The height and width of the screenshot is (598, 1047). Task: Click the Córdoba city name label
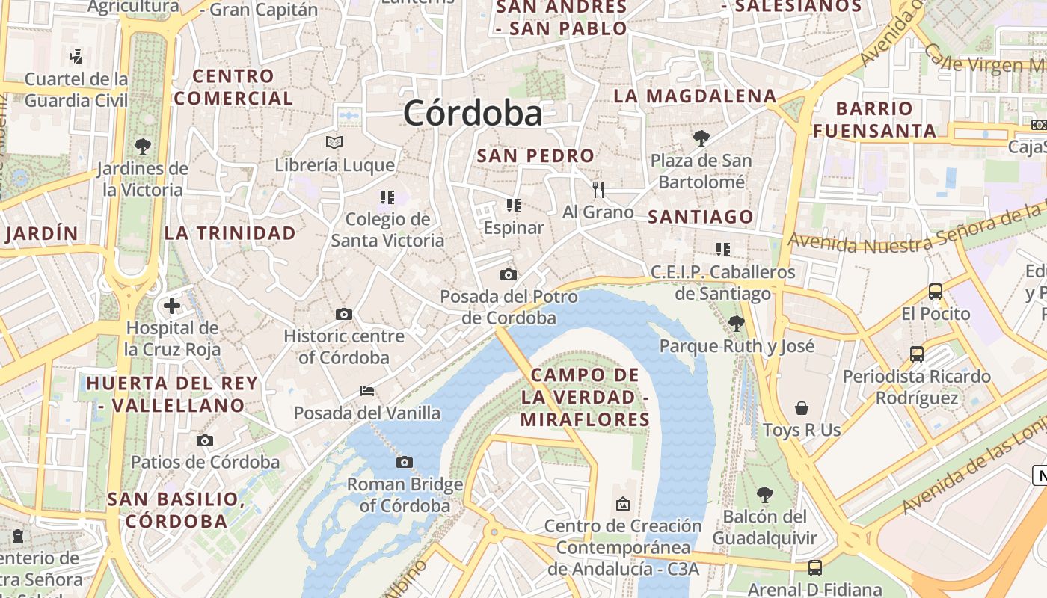click(x=473, y=114)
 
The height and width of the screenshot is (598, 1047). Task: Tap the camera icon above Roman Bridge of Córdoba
click(x=405, y=462)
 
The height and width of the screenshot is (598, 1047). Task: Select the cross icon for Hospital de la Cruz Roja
click(x=172, y=305)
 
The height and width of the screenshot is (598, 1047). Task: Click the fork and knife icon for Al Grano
click(x=598, y=189)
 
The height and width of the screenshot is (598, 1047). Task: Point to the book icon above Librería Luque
click(x=334, y=142)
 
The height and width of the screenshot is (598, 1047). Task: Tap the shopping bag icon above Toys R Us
click(x=802, y=407)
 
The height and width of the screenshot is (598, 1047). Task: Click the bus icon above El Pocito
click(x=935, y=291)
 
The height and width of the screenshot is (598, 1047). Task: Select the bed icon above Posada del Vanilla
click(x=366, y=390)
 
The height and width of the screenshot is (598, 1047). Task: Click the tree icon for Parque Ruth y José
click(x=736, y=323)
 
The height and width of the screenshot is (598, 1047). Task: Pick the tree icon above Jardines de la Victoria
click(x=142, y=146)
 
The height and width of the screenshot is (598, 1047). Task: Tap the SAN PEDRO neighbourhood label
click(x=535, y=155)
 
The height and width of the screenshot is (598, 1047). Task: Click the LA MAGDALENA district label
click(x=695, y=96)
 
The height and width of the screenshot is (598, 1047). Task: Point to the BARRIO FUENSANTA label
click(x=874, y=120)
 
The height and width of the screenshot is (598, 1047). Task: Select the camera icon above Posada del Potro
click(x=509, y=274)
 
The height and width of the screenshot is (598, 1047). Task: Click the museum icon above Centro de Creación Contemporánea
click(x=622, y=504)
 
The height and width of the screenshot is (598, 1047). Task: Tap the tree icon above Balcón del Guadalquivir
click(x=764, y=494)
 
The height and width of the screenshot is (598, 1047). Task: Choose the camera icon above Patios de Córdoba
click(x=205, y=440)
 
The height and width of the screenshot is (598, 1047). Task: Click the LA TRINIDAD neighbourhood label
click(x=230, y=233)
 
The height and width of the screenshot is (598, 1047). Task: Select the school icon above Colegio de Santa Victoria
click(x=387, y=197)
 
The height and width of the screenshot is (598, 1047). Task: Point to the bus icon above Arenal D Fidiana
click(x=815, y=568)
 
